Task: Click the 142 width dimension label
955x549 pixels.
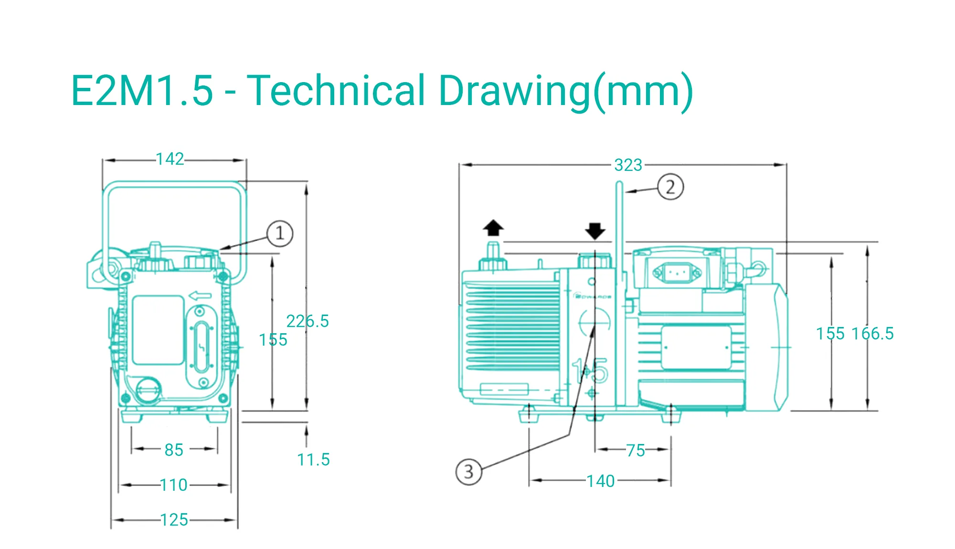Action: [170, 159]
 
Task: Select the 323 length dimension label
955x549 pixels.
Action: [628, 165]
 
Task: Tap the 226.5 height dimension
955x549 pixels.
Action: [308, 321]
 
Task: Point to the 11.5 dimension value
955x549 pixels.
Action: [313, 460]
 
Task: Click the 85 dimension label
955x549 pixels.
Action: [174, 450]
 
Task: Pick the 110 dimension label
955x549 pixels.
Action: [174, 485]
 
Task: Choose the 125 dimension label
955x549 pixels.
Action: [174, 520]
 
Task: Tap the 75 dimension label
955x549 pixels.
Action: [636, 450]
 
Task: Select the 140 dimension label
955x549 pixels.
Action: [601, 481]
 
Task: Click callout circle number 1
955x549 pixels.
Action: [279, 233]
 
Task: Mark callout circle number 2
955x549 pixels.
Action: [670, 187]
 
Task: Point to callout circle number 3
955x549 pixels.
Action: [468, 472]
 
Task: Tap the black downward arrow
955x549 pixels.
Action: [595, 231]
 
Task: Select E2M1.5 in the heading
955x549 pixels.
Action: [142, 91]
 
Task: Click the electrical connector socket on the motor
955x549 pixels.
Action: [677, 273]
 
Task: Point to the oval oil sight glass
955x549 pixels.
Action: [201, 346]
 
